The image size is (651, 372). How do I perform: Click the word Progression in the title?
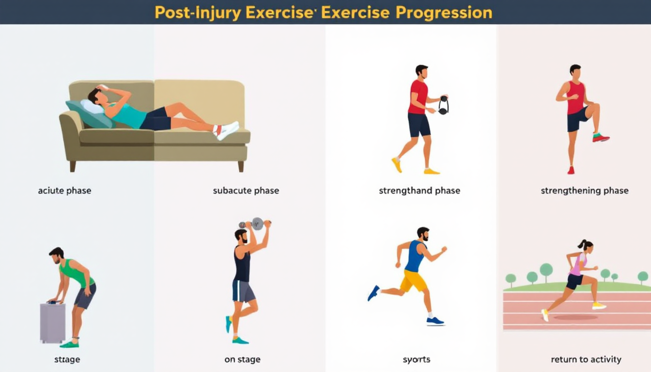coord(444,13)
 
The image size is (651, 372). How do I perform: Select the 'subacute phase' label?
coord(246,191)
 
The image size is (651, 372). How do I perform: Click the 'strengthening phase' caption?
coord(585,191)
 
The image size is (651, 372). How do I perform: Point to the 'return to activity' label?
coord(586,359)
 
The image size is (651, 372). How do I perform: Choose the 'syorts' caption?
coord(417,360)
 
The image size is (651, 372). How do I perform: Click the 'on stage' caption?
coord(242,360)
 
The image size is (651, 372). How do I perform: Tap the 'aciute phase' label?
coord(64,191)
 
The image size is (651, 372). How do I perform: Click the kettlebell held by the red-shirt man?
coord(444,105)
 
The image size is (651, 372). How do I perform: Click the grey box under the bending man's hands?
coord(53,323)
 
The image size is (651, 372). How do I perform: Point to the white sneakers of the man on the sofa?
coord(227,130)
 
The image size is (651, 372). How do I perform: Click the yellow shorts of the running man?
coord(413,280)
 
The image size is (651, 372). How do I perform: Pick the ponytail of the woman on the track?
coord(582,245)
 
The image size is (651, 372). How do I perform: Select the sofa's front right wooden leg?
coord(241,166)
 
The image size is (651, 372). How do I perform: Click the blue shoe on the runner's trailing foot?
coord(373,293)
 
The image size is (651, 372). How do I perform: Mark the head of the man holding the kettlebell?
coord(422,72)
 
